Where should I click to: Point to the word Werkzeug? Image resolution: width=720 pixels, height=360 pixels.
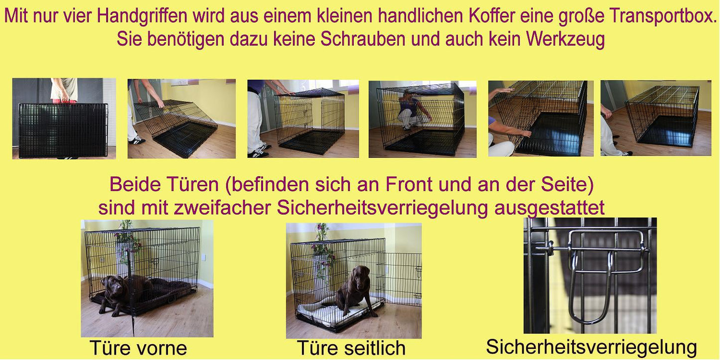[x=565, y=39]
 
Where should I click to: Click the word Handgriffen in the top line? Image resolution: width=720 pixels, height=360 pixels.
[x=142, y=16]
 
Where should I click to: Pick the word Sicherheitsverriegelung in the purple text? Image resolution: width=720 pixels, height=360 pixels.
[x=383, y=208]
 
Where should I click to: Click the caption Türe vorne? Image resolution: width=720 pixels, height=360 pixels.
[x=138, y=348]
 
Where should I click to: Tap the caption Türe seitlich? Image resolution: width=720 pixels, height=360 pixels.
[x=351, y=348]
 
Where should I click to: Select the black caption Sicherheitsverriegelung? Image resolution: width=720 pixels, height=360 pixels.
[x=591, y=347]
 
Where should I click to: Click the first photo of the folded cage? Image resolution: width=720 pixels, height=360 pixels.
[x=64, y=119]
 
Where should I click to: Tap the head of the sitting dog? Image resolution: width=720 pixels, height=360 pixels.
[x=361, y=274]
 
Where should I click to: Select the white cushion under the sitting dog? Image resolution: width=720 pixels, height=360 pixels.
[x=334, y=313]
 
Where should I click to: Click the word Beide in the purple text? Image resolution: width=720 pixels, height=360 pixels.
[x=135, y=184]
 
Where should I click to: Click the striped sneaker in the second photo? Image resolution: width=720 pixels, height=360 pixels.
[x=137, y=140]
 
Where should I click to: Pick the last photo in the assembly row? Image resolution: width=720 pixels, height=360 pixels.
[x=656, y=118]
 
